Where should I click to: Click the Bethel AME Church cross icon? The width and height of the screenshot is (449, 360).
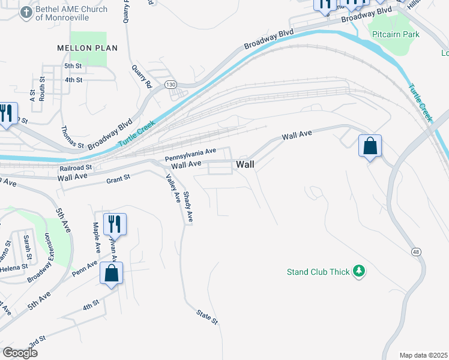[x=26, y=13]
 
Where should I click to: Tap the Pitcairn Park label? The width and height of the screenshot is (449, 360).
[x=394, y=35]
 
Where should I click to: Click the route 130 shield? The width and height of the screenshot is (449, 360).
[x=171, y=85]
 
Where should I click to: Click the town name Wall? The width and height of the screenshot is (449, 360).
[x=246, y=164]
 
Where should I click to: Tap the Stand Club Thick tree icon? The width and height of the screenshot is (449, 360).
[x=359, y=272]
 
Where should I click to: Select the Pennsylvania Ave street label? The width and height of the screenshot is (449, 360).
[x=190, y=155]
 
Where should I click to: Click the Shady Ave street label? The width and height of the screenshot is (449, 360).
[x=188, y=207]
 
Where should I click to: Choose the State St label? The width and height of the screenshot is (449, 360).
[x=207, y=317]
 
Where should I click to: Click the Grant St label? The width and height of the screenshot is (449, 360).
[x=118, y=178]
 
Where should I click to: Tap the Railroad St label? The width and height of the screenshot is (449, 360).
[x=79, y=167]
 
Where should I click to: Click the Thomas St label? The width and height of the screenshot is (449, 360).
[x=72, y=137]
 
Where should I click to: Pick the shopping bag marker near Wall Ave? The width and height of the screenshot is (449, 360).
[x=370, y=146]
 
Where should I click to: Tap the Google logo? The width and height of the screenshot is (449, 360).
[x=20, y=353]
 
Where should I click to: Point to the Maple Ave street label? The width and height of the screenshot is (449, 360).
[x=95, y=236]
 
